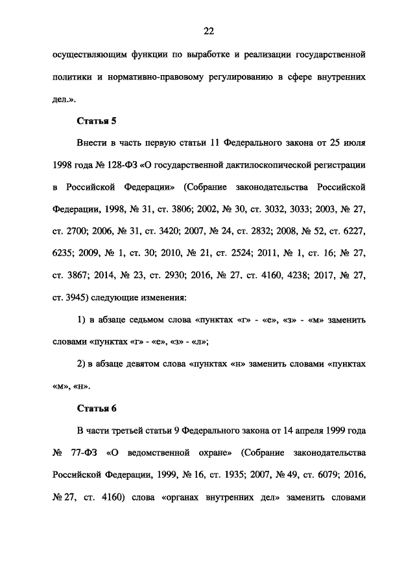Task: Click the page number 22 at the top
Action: (207, 31)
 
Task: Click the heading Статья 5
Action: (97, 121)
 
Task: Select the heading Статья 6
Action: (97, 409)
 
